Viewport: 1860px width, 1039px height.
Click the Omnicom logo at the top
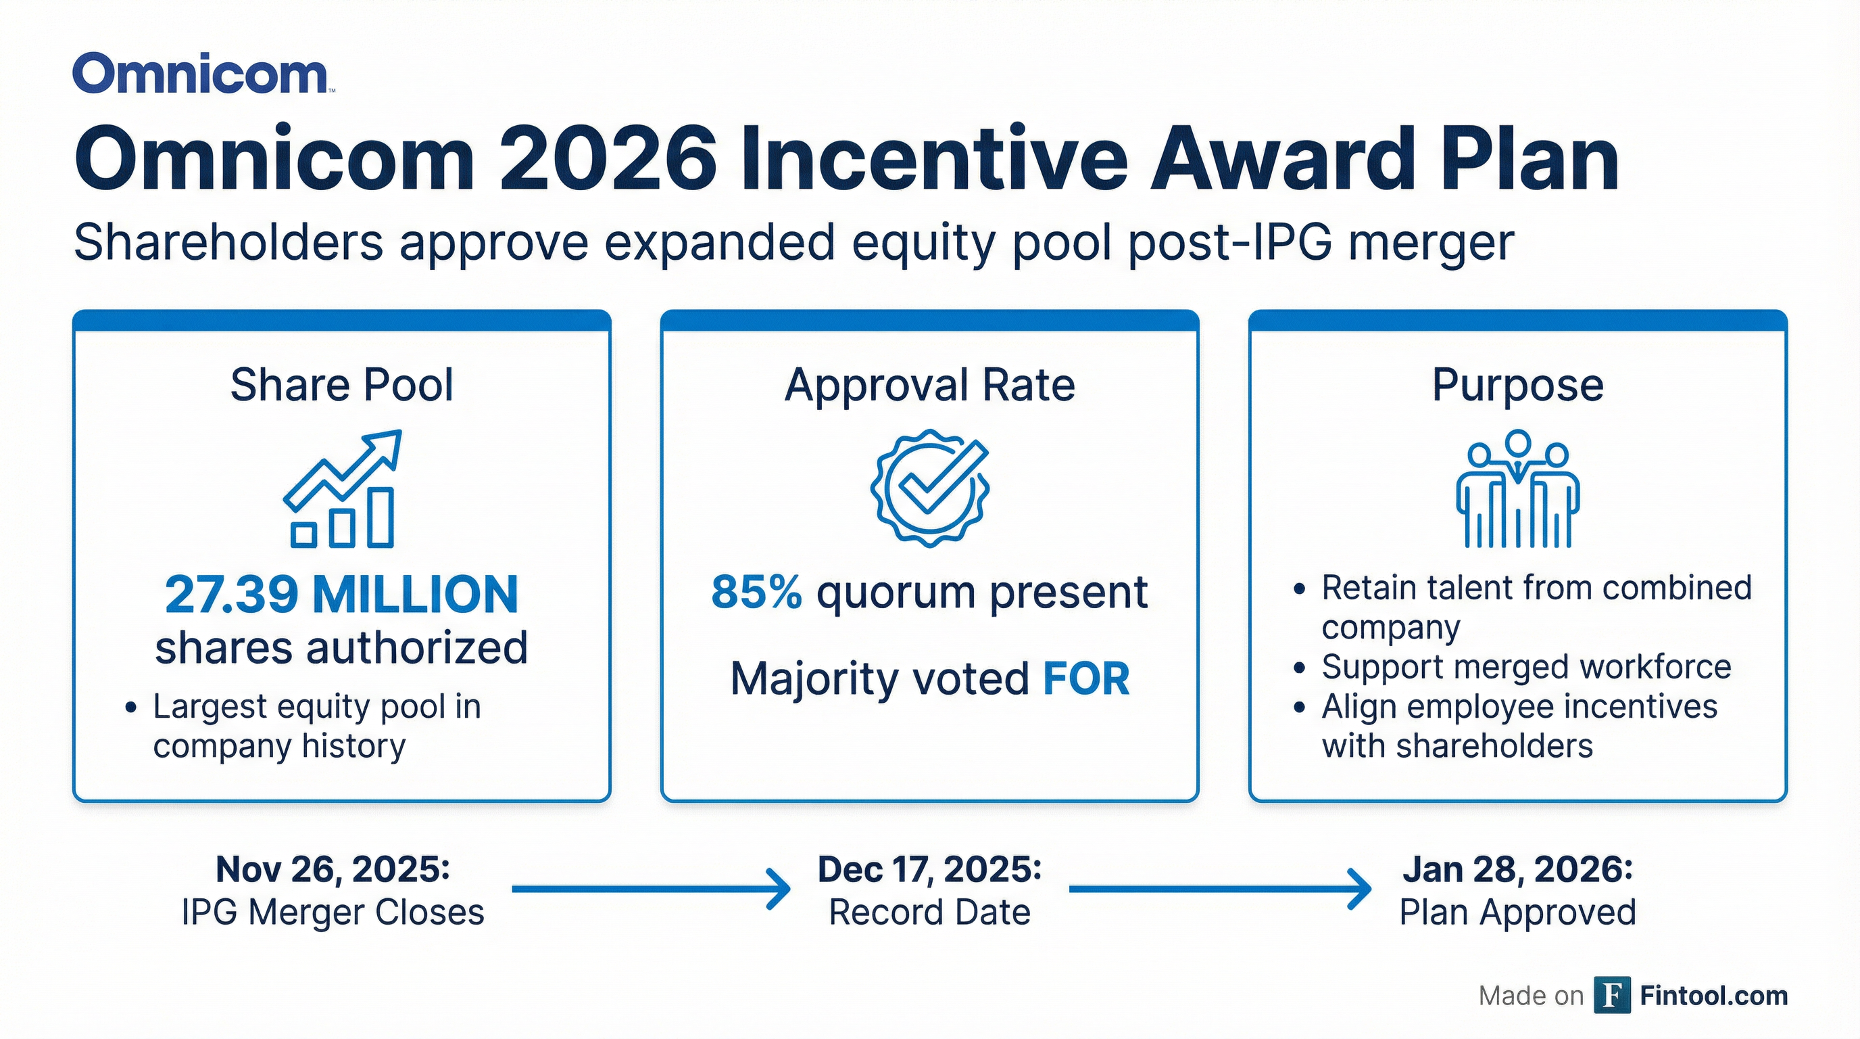(x=201, y=74)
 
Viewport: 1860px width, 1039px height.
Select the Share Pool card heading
(x=341, y=384)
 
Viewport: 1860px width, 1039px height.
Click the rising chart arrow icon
(x=341, y=488)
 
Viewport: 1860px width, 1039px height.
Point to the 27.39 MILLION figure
(x=341, y=595)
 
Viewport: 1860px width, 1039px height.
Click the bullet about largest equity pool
(x=316, y=725)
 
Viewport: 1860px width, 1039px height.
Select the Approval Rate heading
(x=929, y=384)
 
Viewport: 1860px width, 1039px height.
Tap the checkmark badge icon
(x=929, y=487)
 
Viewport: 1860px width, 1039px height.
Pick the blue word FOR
(x=1086, y=679)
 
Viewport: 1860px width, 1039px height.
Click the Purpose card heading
(x=1517, y=384)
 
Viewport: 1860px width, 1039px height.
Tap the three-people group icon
(x=1517, y=488)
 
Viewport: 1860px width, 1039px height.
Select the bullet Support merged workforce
(x=1525, y=667)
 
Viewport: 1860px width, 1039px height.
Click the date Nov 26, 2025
(x=332, y=869)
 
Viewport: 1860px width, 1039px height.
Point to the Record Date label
(x=929, y=912)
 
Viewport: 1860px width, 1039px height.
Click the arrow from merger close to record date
(x=650, y=889)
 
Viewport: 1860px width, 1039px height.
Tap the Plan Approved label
(x=1517, y=912)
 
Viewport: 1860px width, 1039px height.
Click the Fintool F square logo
(x=1611, y=995)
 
